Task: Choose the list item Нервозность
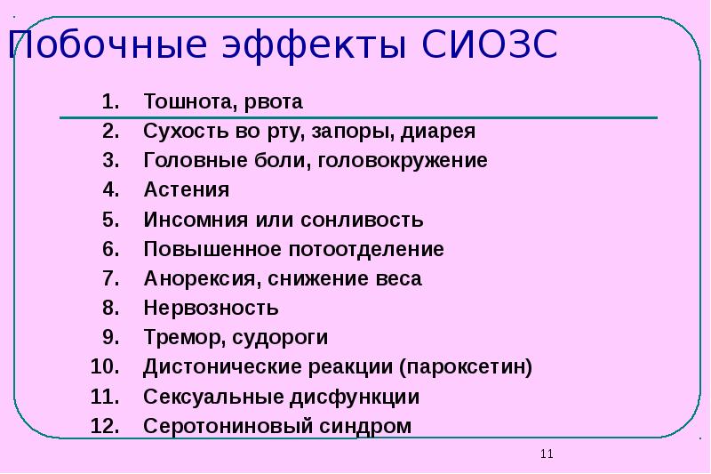211,308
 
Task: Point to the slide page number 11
546,454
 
